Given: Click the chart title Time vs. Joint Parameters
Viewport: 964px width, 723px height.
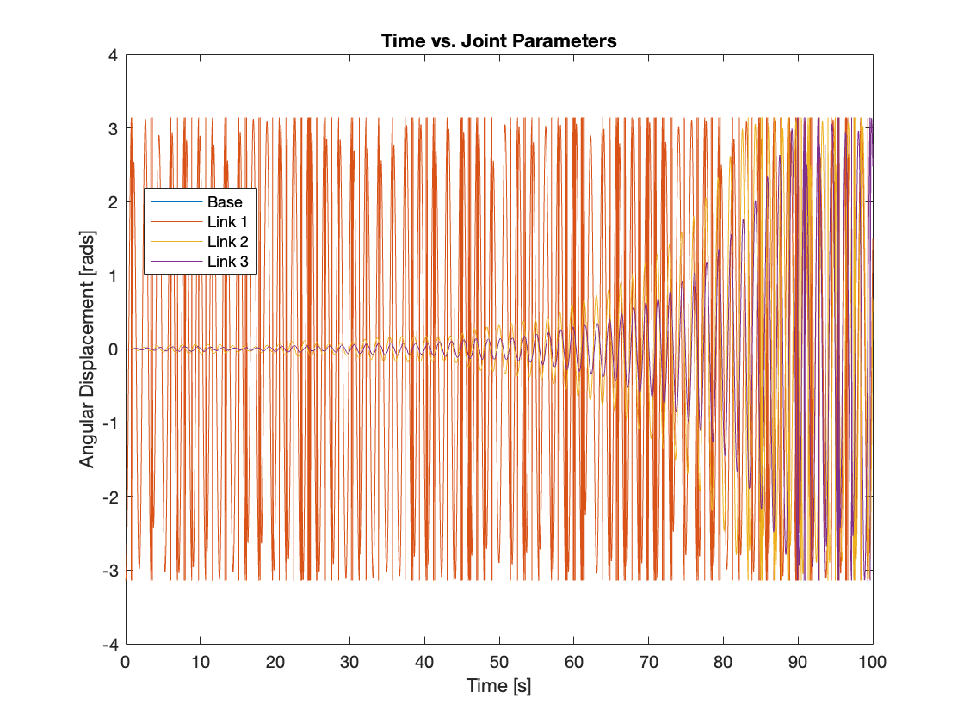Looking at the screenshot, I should [499, 41].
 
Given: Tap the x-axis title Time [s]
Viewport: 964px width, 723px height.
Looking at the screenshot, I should [499, 686].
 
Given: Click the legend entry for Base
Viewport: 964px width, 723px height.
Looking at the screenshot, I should [225, 202].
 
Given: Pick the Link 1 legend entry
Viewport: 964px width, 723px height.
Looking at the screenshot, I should [227, 222].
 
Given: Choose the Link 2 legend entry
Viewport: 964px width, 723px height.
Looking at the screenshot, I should [227, 241].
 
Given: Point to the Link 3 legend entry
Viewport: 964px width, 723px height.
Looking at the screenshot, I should [227, 261].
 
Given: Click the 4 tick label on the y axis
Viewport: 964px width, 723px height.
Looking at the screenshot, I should [113, 54].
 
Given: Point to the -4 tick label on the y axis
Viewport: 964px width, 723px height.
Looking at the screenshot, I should [109, 644].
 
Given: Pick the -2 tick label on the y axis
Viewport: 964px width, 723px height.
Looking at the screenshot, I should [109, 497].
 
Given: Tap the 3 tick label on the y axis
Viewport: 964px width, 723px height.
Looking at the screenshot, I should [113, 128].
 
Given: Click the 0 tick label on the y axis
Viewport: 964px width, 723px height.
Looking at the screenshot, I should [113, 349].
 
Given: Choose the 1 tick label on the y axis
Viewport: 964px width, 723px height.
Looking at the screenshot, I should [113, 275].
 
